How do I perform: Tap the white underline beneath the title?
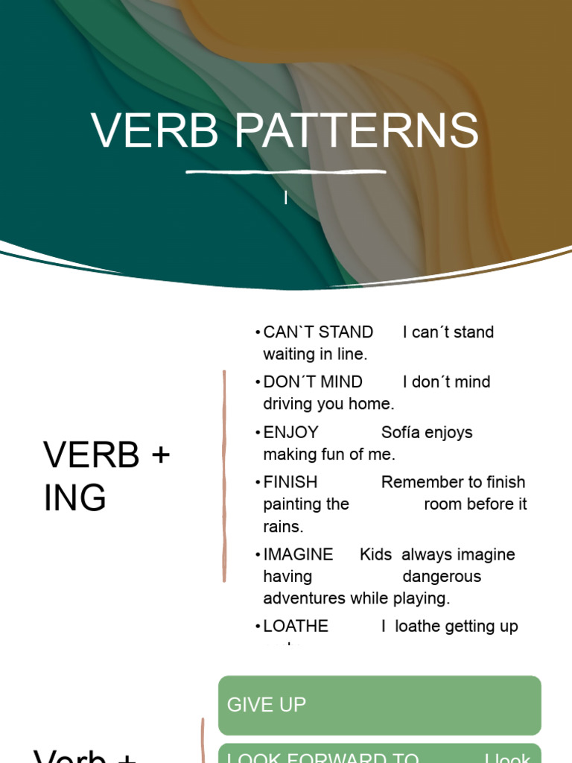(286, 172)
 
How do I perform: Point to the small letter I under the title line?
(286, 198)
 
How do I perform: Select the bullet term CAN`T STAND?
(318, 332)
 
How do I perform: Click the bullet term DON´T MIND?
(313, 382)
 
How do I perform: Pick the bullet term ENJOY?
(290, 432)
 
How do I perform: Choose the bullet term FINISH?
(290, 482)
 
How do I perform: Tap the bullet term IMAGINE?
(298, 554)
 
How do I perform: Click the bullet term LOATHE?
(296, 626)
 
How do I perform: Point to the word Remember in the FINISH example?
(417, 482)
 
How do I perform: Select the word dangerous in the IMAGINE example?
(442, 577)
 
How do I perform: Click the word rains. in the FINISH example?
(283, 526)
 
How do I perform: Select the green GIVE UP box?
(379, 705)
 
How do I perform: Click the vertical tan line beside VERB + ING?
(224, 477)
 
